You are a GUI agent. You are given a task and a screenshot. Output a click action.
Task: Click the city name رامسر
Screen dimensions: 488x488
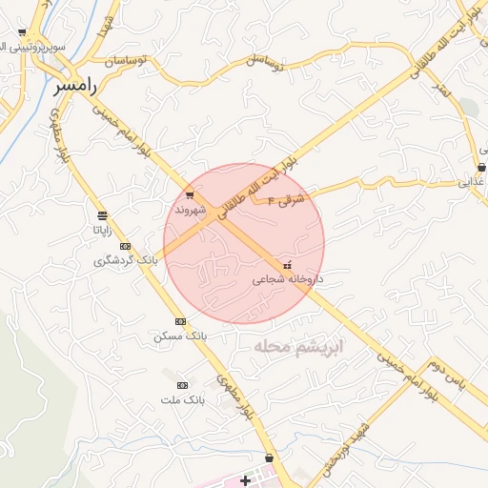tap(76, 86)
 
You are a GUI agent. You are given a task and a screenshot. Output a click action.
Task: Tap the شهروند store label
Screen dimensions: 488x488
tap(190, 209)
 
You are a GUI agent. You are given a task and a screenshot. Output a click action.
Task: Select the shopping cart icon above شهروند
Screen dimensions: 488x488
tap(190, 195)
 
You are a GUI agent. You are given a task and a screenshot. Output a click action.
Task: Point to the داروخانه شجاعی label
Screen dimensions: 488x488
tap(288, 279)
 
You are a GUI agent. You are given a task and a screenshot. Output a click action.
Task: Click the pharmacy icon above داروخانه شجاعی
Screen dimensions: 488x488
tap(288, 265)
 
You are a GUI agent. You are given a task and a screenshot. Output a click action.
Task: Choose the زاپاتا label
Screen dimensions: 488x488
tap(102, 230)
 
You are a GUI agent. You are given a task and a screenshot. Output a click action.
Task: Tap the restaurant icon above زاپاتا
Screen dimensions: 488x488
tap(102, 214)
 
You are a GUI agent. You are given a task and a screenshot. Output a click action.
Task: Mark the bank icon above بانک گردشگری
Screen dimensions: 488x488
tap(125, 246)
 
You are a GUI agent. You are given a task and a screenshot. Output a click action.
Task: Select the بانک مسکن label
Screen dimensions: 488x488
tap(179, 336)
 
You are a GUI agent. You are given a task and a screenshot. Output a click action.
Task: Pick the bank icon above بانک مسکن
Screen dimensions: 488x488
tap(180, 321)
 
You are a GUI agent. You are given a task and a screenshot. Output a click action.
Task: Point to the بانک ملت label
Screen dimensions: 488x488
tap(183, 399)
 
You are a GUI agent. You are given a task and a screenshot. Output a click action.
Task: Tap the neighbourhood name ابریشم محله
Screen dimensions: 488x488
tap(297, 346)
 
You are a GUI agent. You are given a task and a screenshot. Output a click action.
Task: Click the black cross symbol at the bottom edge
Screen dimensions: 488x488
tap(246, 479)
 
